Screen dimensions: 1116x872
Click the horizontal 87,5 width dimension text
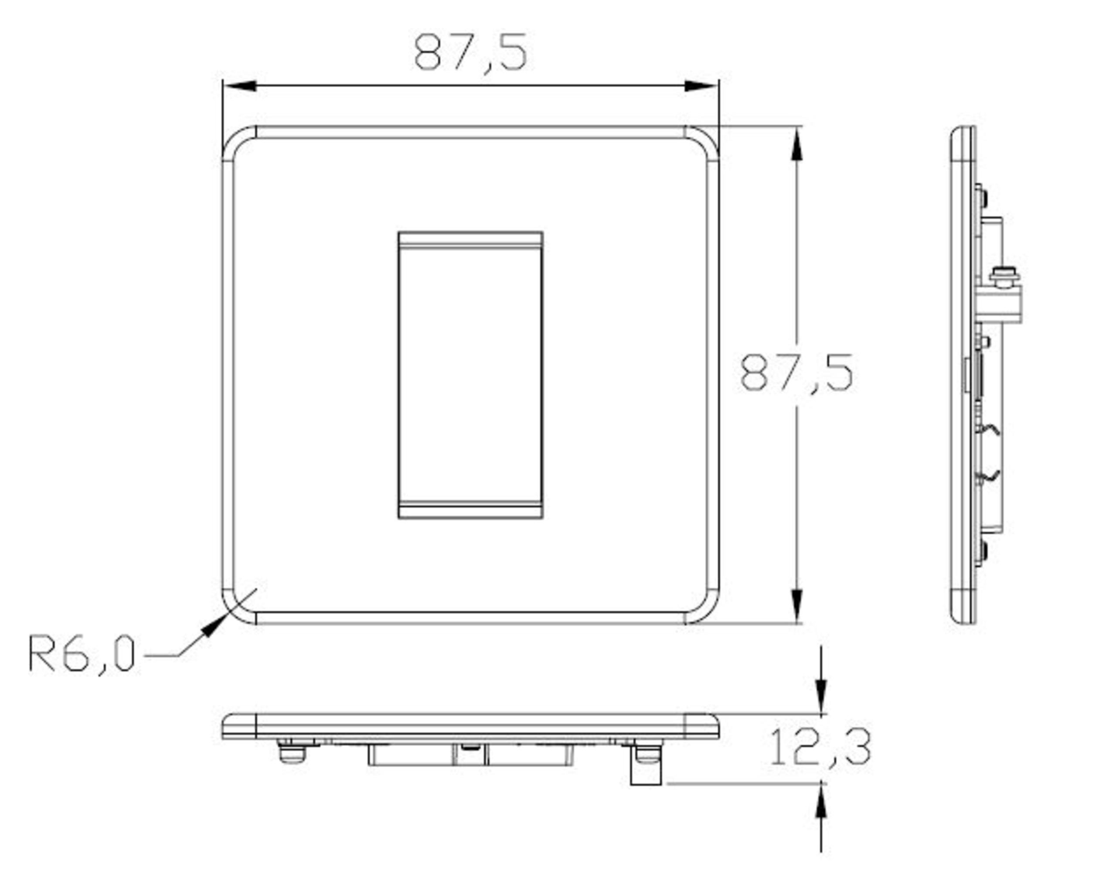click(x=470, y=53)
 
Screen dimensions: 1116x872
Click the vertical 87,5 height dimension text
click(x=796, y=373)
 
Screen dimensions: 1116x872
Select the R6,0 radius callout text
click(x=82, y=653)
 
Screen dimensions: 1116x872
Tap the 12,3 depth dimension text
click(x=820, y=747)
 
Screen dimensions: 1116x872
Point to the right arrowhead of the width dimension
click(x=701, y=86)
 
